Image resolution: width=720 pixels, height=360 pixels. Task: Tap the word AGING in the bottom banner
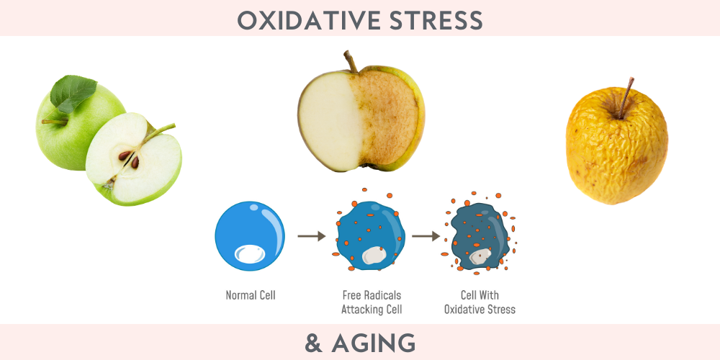[373, 343]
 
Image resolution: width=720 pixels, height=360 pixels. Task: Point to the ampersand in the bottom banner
[313, 343]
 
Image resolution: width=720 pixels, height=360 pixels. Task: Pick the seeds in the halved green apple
[129, 159]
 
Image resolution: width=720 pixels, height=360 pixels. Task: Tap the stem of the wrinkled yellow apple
[626, 98]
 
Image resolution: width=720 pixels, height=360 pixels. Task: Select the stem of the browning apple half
[351, 61]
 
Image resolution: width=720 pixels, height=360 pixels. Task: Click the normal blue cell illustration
[250, 236]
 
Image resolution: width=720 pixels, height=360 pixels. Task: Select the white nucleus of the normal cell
[250, 254]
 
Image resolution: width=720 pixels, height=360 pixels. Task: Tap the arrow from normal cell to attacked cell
[311, 236]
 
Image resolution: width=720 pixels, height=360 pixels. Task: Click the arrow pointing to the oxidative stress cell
[426, 236]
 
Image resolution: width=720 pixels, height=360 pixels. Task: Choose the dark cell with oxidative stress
[480, 236]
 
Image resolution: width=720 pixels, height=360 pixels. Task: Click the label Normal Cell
[251, 294]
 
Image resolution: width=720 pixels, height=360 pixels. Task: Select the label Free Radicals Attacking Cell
[372, 302]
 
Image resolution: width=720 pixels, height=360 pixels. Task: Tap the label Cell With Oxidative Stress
[480, 302]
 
